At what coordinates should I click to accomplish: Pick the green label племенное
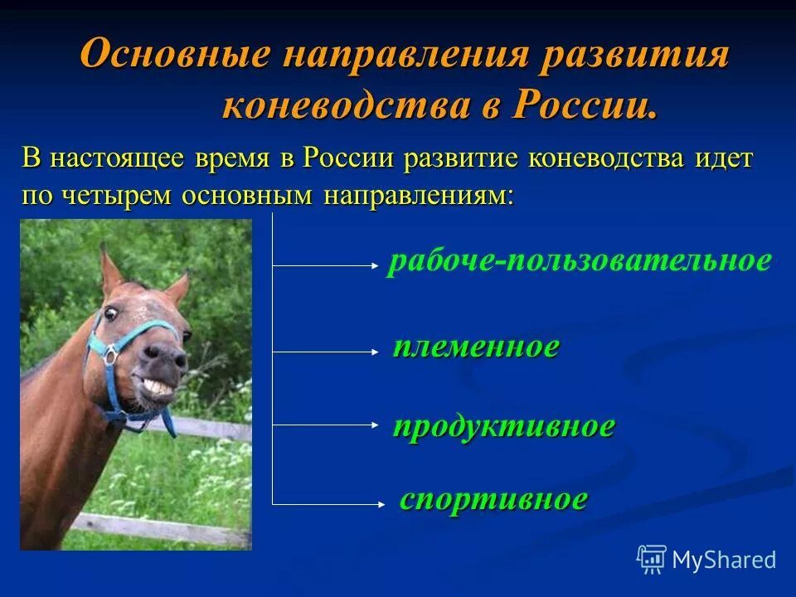click(476, 347)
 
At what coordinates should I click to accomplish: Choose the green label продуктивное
click(504, 427)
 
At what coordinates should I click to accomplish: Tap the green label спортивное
click(494, 499)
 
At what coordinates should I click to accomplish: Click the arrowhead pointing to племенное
click(373, 352)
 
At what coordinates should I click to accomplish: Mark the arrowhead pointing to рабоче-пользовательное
click(373, 266)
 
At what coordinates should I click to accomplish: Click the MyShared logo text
click(723, 560)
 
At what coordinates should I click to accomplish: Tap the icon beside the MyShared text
click(652, 559)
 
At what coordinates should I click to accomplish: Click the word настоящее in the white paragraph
click(115, 158)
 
